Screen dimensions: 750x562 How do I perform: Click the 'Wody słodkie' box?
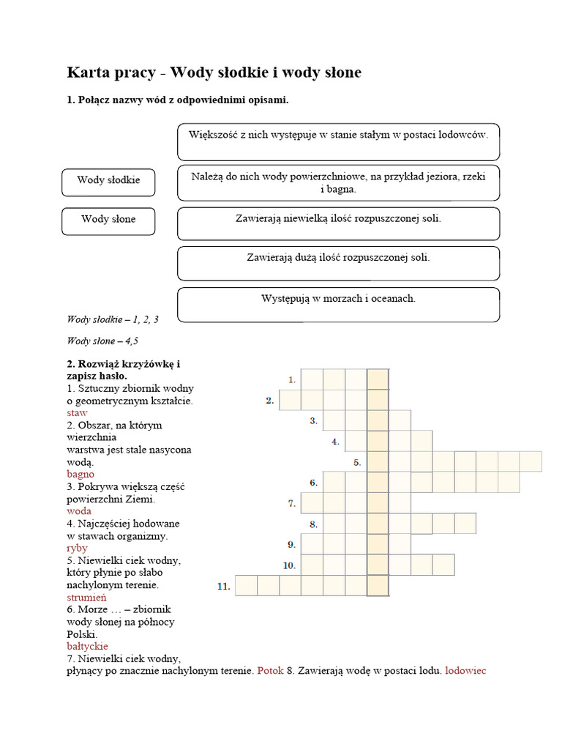[108, 181]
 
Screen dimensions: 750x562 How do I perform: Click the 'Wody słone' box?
[108, 220]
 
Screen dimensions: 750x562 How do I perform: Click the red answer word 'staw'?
[77, 413]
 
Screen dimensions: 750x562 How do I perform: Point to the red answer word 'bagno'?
[80, 474]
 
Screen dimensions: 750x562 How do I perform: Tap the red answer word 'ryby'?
[77, 548]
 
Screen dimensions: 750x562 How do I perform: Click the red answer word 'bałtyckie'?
[87, 646]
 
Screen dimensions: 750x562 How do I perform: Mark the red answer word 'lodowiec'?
[465, 670]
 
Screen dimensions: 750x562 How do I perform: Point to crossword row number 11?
[224, 586]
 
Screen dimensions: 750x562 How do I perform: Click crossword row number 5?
[357, 462]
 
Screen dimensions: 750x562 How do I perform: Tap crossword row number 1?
[291, 379]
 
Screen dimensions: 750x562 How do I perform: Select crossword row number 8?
[313, 524]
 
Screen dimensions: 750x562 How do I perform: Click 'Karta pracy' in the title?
[112, 73]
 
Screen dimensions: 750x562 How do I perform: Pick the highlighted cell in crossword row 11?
[378, 586]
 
